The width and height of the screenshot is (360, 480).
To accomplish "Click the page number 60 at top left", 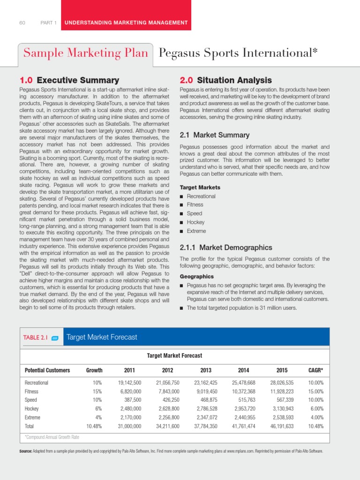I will pyautogui.click(x=22, y=23).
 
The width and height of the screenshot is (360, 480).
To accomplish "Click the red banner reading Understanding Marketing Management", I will pyautogui.click(x=126, y=22).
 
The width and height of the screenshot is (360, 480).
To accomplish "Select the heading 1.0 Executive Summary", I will pyautogui.click(x=69, y=80).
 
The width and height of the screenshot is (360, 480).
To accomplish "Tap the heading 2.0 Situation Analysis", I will pyautogui.click(x=226, y=80).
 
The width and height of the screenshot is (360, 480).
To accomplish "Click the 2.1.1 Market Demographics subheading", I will pyautogui.click(x=226, y=247).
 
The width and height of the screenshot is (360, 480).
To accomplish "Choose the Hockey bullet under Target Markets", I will pyautogui.click(x=195, y=222).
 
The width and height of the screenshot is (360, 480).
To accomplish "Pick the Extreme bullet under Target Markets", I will pyautogui.click(x=196, y=231).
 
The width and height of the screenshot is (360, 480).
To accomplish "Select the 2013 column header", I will pyautogui.click(x=206, y=370).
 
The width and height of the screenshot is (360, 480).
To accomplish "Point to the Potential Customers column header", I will pyautogui.click(x=47, y=370).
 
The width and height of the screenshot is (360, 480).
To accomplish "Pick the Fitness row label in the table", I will pyautogui.click(x=31, y=391).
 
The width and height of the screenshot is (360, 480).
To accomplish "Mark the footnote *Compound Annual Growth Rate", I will pyautogui.click(x=52, y=437).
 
